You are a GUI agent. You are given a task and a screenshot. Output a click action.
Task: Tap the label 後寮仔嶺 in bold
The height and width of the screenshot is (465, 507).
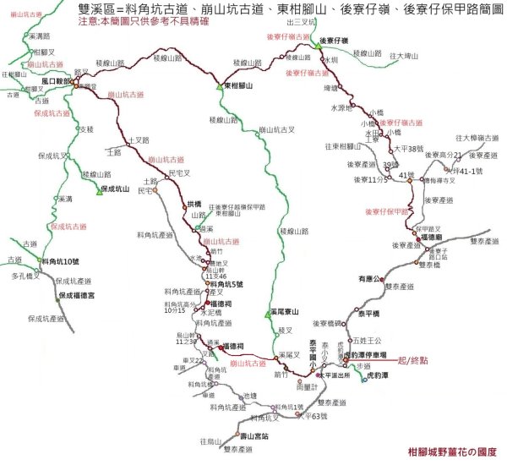coord(336,40)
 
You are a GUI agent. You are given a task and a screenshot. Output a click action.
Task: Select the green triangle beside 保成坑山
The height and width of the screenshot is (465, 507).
coord(99,189)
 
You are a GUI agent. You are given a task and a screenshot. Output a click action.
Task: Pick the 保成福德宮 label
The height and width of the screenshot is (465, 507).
coord(80,295)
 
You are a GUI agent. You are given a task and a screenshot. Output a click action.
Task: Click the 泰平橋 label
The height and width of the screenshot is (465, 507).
coord(368,313)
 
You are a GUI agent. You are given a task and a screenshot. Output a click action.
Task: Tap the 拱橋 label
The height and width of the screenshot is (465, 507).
coord(194,203)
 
